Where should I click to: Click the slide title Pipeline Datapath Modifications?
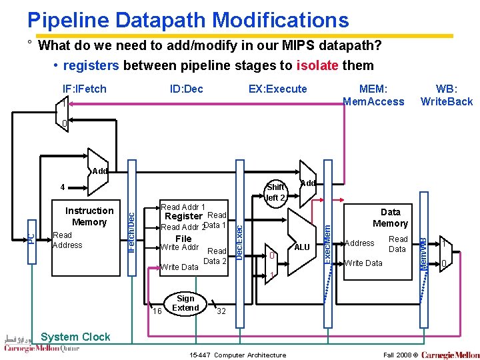188,20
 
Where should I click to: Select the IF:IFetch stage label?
84,89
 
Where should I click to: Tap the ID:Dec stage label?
187,89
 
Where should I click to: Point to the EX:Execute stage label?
277,89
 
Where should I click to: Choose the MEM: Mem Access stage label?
373,95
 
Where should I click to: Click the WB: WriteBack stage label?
446,95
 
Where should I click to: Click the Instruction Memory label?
89,217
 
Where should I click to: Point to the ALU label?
302,247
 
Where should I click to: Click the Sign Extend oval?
185,303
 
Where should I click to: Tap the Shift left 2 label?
275,193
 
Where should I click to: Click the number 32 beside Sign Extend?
221,311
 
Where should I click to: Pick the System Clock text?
75,337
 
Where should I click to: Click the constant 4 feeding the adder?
62,188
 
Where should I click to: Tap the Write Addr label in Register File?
180,248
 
